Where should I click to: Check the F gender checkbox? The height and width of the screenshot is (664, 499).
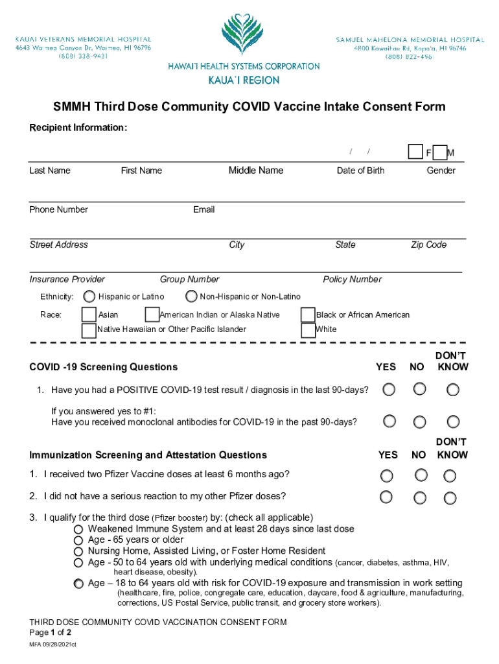click(x=415, y=152)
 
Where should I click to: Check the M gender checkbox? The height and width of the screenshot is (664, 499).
click(x=440, y=152)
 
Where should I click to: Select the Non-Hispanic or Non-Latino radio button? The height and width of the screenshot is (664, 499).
click(x=191, y=296)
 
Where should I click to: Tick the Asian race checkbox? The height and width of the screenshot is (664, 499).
click(x=89, y=314)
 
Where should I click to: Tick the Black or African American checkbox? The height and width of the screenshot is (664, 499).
click(x=308, y=314)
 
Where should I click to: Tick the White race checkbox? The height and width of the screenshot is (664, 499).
click(x=308, y=329)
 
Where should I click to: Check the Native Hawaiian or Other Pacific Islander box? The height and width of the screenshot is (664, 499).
click(x=89, y=329)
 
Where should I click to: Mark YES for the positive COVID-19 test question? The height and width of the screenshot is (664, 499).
click(x=388, y=389)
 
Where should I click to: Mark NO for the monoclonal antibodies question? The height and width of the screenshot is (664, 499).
click(x=420, y=421)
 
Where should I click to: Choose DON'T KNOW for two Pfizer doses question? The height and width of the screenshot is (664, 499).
click(x=450, y=476)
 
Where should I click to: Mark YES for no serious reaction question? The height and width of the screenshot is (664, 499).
click(x=386, y=497)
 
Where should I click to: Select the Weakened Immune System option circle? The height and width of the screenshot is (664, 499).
click(x=78, y=529)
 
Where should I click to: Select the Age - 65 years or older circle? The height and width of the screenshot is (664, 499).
click(x=78, y=540)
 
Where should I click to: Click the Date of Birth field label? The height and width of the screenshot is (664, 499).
click(x=360, y=171)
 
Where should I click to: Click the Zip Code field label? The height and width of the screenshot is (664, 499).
click(x=428, y=244)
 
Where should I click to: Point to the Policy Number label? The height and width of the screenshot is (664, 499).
click(x=352, y=279)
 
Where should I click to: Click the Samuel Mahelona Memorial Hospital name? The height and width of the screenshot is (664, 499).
click(x=410, y=40)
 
